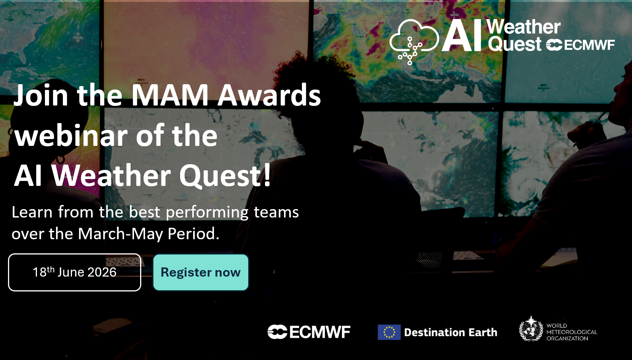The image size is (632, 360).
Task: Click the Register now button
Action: pos(201,272)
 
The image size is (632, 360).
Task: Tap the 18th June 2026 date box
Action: pos(75,272)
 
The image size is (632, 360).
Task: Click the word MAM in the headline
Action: pos(170,95)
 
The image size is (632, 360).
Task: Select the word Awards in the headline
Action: pos(269,95)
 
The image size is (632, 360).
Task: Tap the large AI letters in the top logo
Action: pos(461,35)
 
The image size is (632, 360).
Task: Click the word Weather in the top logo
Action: pos(523,27)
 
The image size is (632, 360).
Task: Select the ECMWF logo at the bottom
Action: pos(309,332)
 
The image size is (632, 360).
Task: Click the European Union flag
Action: pos(389,332)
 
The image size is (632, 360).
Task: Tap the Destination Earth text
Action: pos(450,332)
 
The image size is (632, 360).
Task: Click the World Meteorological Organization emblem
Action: pos(531,329)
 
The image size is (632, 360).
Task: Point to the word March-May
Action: pos(121,234)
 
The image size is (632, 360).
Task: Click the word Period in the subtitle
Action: pos(193,234)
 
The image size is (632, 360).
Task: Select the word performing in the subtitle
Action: pos(207,213)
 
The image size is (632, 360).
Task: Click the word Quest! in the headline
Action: pos(225,176)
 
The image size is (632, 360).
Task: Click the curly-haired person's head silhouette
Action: pos(316,93)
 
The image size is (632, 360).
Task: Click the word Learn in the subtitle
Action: pos(32,212)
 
